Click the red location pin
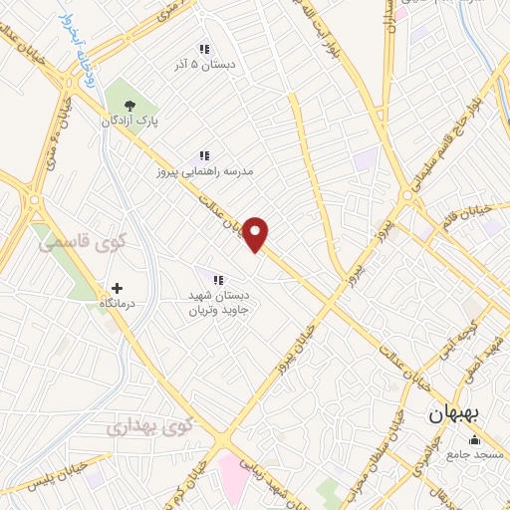coord(257,234)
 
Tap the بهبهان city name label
coord(456,415)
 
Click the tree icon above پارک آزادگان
coord(127,103)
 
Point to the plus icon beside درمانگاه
coord(118,287)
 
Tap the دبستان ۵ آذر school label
coord(203,65)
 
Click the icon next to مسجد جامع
coord(473,440)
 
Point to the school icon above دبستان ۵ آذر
coord(203,49)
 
